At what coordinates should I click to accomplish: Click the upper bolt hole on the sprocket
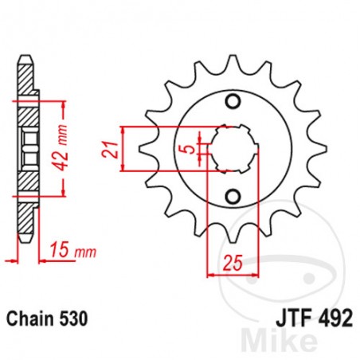[232, 100]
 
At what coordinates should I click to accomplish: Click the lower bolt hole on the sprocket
[232, 196]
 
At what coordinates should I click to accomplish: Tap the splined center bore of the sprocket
[232, 148]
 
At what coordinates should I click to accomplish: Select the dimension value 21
[113, 148]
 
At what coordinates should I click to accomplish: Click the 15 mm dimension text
[69, 252]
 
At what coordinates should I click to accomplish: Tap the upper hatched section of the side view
[26, 104]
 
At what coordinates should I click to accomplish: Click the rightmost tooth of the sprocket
[321, 149]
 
